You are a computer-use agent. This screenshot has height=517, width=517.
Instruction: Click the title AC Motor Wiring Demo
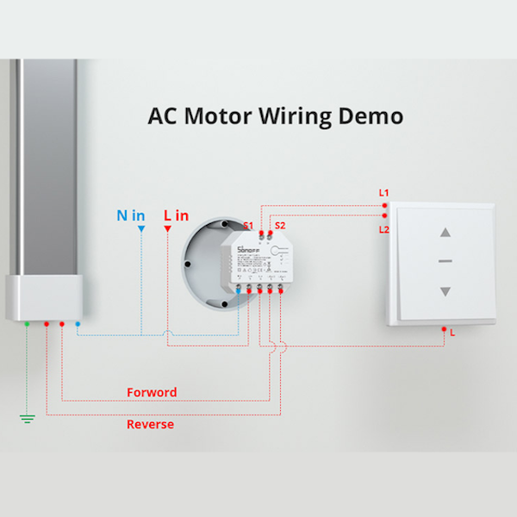[276, 115]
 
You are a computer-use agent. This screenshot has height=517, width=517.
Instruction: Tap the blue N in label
[131, 215]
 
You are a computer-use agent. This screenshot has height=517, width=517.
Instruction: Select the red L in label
[176, 215]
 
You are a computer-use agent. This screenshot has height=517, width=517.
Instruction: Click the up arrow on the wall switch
[445, 232]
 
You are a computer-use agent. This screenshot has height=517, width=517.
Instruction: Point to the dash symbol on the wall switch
[445, 261]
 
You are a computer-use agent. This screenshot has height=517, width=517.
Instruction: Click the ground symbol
[28, 420]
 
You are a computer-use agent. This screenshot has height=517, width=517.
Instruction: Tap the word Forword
[152, 392]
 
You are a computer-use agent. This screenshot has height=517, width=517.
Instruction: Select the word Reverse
[150, 424]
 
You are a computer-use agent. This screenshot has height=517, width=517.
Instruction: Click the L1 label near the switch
[384, 192]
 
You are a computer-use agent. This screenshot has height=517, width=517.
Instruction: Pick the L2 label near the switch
[384, 229]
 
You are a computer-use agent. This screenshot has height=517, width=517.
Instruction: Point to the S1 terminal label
[248, 226]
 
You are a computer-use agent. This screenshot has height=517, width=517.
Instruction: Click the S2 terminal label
[279, 226]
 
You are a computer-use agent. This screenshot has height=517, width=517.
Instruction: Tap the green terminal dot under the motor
[28, 324]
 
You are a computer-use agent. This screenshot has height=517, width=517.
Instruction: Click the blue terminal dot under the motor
[78, 324]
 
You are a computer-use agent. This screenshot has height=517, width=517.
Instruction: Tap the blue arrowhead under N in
[140, 230]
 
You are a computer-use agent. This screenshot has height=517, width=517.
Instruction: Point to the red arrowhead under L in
[165, 230]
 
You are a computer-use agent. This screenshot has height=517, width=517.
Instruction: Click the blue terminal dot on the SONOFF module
[239, 293]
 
